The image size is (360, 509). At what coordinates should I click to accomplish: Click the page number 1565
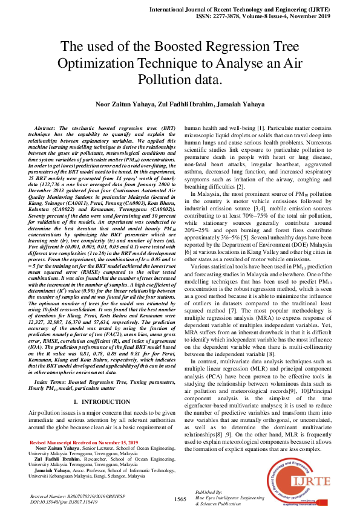(180, 498)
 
